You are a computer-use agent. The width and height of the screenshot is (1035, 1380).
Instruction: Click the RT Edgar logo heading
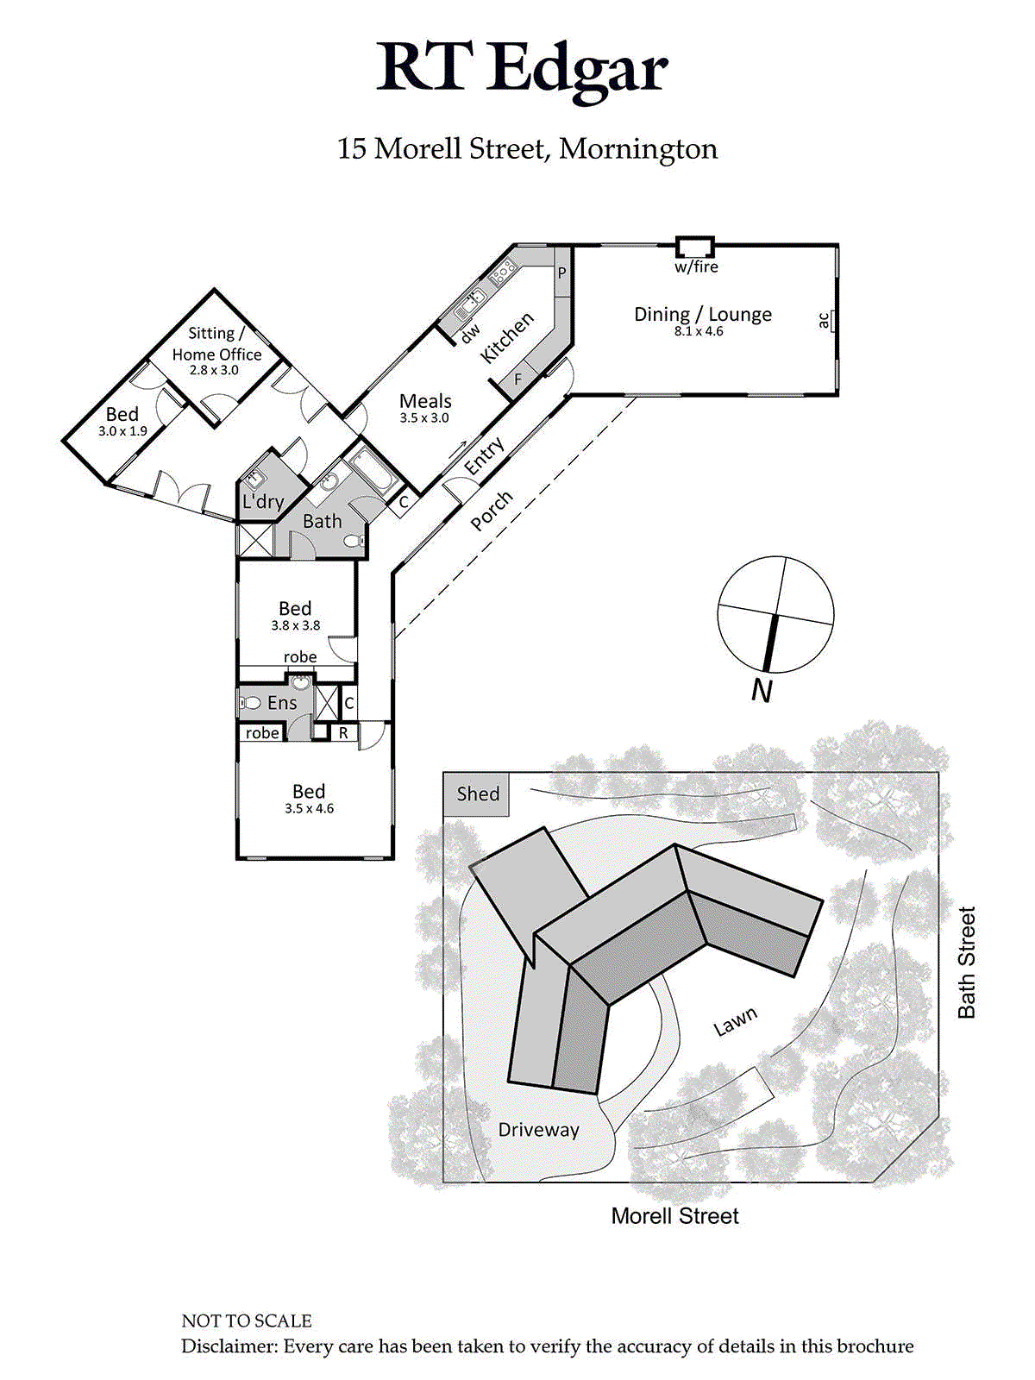(x=522, y=71)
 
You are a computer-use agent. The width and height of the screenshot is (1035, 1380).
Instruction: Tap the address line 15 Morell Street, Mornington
(x=527, y=149)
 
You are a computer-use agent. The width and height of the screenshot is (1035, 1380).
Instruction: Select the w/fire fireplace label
(x=696, y=267)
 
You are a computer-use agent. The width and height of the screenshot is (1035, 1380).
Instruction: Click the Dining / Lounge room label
(x=703, y=314)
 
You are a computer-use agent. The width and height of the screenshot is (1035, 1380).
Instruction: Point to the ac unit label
(x=823, y=320)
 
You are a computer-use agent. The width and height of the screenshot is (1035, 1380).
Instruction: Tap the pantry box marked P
(x=562, y=273)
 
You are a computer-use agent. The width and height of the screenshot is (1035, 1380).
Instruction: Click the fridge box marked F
(x=517, y=379)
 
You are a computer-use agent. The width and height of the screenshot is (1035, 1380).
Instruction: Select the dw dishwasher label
(x=470, y=333)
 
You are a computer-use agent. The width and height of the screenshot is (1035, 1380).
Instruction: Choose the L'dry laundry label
(x=263, y=501)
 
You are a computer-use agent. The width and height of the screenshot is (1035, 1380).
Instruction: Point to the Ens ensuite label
(x=282, y=703)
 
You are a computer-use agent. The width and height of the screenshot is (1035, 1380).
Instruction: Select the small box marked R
(x=343, y=732)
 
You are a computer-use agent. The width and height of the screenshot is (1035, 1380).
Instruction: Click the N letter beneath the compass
(x=762, y=692)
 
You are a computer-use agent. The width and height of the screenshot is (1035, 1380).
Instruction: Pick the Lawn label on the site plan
(x=735, y=1020)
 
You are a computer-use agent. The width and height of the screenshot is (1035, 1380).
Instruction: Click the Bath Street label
(x=967, y=963)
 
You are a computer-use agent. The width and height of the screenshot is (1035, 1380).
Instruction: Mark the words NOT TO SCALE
(x=247, y=1320)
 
